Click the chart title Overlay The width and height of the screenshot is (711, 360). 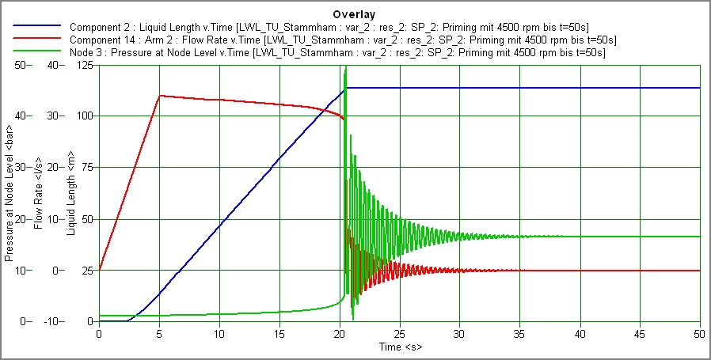[x=355, y=14]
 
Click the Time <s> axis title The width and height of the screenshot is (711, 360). [x=400, y=347]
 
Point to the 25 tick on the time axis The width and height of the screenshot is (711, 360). [x=400, y=334]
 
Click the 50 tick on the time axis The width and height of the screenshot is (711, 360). [x=700, y=334]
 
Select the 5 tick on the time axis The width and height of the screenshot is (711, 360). [x=159, y=334]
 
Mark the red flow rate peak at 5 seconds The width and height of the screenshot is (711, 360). [x=160, y=96]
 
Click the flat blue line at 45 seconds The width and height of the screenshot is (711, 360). [x=640, y=88]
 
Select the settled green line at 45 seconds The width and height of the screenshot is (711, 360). [x=640, y=237]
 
